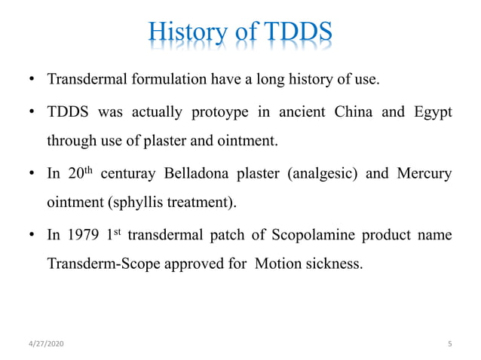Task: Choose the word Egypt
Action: (x=431, y=113)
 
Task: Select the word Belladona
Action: (x=212, y=174)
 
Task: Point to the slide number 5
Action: (x=450, y=344)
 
